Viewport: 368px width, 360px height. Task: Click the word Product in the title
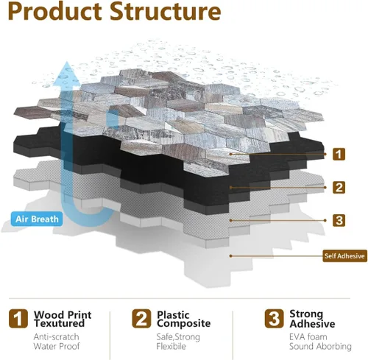coord(55,12)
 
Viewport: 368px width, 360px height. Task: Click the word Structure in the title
coord(165,12)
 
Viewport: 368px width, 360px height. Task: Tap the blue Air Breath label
coord(37,219)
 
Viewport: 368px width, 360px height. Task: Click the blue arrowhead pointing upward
coord(66,74)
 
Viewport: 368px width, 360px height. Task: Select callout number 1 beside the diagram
coord(339,154)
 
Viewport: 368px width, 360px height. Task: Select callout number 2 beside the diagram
coord(339,187)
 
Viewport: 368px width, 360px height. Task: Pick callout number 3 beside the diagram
coord(339,220)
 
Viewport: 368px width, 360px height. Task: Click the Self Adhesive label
coord(344,256)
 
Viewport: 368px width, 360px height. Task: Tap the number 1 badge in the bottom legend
coord(18,319)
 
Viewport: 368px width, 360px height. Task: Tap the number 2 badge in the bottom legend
coord(141,319)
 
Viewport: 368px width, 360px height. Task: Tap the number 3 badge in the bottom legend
coord(274,319)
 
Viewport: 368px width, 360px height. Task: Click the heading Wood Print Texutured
coord(63,319)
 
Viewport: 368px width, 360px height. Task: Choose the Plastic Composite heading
coord(183,319)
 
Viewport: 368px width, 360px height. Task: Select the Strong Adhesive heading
coord(312,319)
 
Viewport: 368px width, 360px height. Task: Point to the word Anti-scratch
coord(56,336)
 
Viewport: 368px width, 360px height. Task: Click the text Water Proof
coord(57,346)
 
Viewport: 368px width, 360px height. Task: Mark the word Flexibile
coord(171,346)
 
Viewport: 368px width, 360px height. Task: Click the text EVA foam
coord(308,336)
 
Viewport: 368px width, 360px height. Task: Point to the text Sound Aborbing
coord(320,346)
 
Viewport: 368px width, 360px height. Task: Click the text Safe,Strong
coord(178,337)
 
